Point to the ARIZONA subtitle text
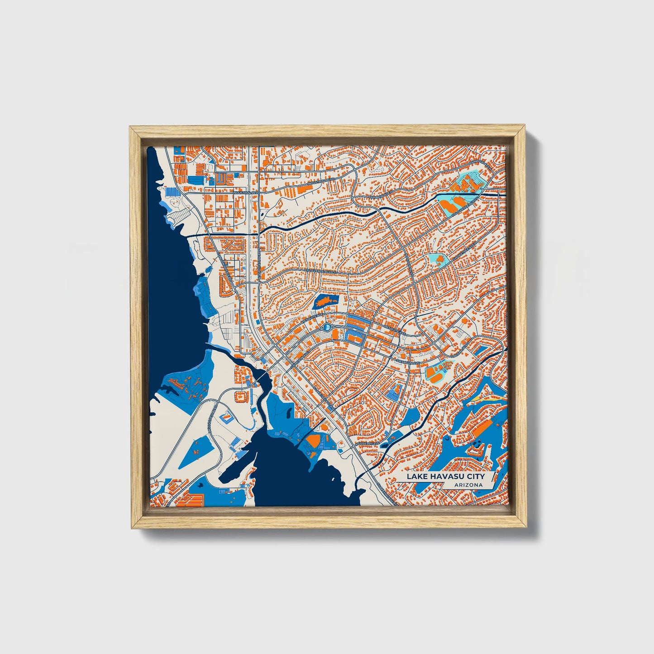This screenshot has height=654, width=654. pyautogui.click(x=469, y=485)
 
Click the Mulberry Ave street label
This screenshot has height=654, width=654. pyautogui.click(x=367, y=444)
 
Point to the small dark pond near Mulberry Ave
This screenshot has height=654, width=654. pyautogui.click(x=384, y=445)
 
